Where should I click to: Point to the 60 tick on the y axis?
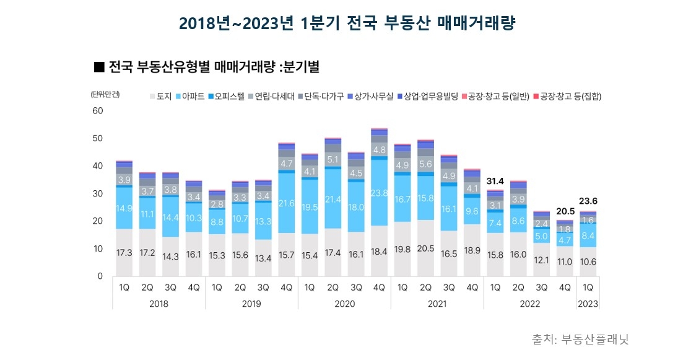[x=97, y=111]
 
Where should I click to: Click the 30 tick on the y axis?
[x=97, y=194]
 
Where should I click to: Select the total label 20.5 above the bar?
[x=564, y=210]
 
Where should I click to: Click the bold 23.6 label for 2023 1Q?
[x=588, y=201]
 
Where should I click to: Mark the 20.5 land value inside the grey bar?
[x=425, y=248]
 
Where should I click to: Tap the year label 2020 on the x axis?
[x=344, y=304]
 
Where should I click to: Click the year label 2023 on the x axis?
[x=588, y=304]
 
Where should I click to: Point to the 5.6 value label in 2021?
[x=425, y=164]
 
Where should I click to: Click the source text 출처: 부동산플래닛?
[x=580, y=340]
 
